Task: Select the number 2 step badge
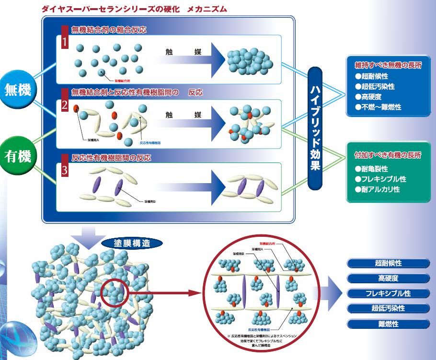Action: point(65,105)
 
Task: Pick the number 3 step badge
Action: point(65,170)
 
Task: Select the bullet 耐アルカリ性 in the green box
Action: point(378,189)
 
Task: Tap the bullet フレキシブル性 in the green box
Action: point(380,179)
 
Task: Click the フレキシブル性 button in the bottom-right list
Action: point(388,293)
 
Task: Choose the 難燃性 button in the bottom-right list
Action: point(388,324)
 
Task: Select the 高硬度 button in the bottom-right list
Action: point(388,278)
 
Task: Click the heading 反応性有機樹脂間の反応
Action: point(112,158)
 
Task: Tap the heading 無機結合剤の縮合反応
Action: point(108,30)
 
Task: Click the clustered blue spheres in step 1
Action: point(248,61)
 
